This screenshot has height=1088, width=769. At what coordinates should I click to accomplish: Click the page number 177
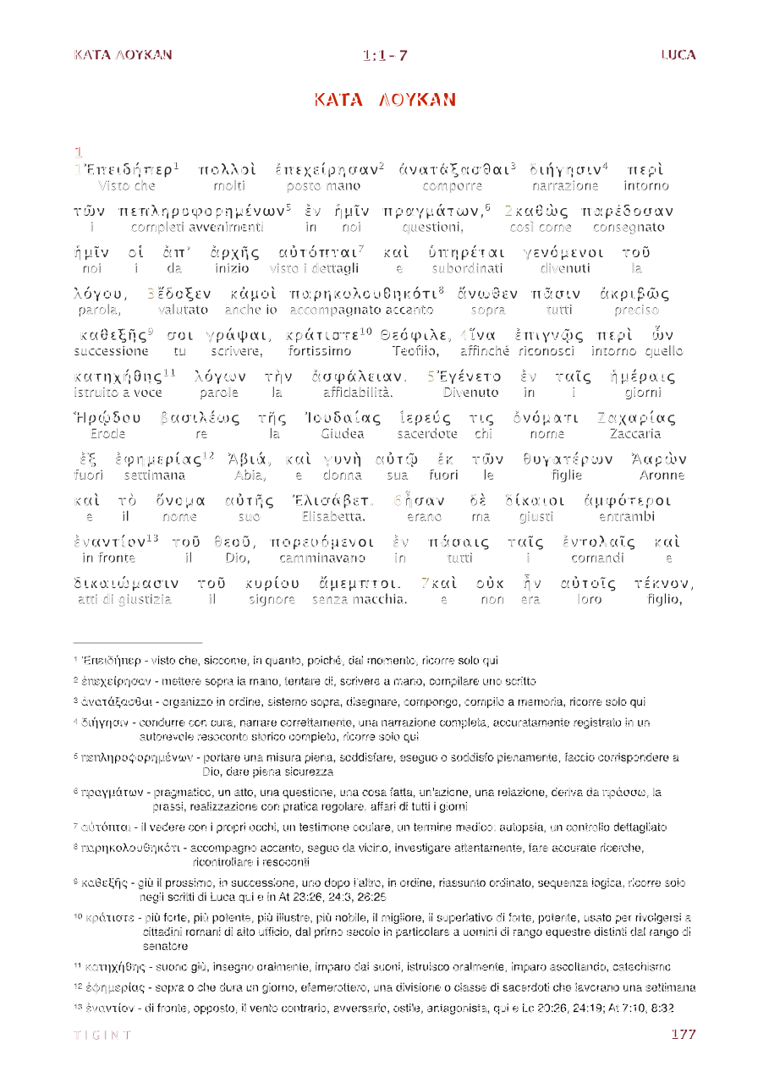click(683, 1034)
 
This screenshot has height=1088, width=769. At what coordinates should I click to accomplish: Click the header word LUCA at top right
click(678, 55)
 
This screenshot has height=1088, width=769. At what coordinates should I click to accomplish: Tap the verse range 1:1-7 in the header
click(385, 56)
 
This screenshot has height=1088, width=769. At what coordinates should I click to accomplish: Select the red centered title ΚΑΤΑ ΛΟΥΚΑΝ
click(385, 100)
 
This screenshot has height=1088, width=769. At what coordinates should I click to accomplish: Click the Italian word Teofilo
click(416, 351)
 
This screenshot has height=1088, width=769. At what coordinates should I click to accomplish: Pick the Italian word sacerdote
click(426, 434)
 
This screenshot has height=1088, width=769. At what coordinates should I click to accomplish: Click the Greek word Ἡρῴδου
click(107, 418)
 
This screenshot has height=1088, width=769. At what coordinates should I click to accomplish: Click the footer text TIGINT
click(102, 1035)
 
